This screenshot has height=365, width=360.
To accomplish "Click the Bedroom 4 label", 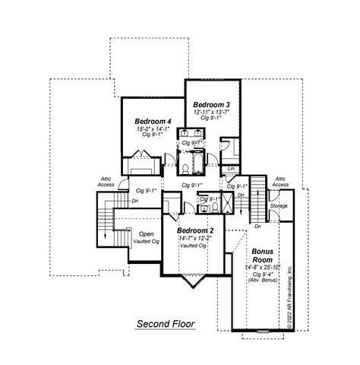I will click(x=153, y=121).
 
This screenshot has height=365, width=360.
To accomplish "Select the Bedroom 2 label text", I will click(x=195, y=230).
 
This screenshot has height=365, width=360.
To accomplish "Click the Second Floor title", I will click(x=166, y=325).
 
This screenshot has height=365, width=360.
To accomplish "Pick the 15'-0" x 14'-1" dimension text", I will click(x=153, y=129).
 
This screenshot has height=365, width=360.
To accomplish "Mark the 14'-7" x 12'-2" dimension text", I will click(x=195, y=238).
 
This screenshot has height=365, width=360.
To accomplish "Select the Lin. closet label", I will click(x=231, y=168).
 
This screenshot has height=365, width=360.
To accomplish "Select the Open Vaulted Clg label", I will click(x=146, y=237).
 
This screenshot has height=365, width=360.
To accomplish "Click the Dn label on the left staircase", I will click(x=134, y=201).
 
